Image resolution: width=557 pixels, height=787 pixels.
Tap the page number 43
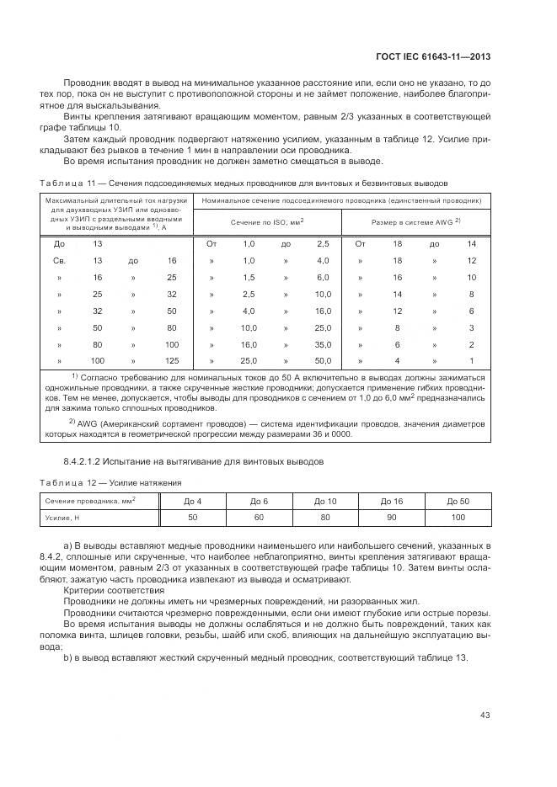click(x=485, y=715)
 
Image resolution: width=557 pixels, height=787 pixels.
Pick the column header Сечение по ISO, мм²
click(x=267, y=222)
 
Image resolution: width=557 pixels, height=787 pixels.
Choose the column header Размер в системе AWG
click(x=413, y=222)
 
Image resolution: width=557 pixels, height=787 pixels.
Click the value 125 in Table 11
click(x=172, y=360)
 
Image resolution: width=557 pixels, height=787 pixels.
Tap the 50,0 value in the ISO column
click(x=323, y=360)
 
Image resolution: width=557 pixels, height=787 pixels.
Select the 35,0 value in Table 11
click(x=323, y=344)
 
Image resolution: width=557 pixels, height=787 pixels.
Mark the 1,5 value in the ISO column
click(x=249, y=277)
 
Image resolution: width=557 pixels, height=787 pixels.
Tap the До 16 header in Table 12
click(x=392, y=501)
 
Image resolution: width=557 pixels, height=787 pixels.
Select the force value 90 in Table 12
click(x=392, y=517)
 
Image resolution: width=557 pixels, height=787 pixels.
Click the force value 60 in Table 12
click(x=259, y=517)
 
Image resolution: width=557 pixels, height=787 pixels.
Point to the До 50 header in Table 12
click(x=458, y=501)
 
